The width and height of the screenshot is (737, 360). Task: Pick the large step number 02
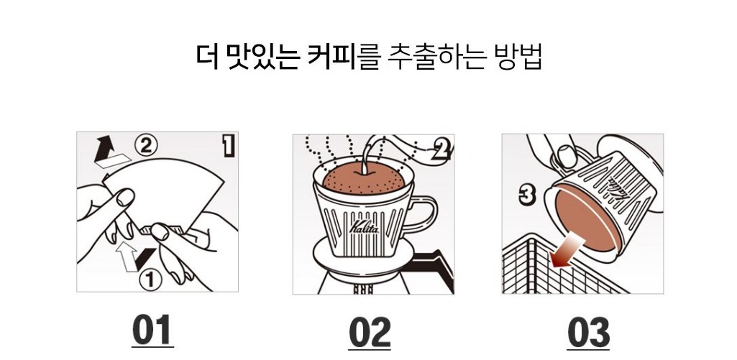(x=370, y=332)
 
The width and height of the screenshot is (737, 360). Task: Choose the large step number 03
(x=588, y=332)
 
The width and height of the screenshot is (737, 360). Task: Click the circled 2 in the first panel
(x=146, y=146)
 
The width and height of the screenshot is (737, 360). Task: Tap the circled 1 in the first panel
(x=150, y=280)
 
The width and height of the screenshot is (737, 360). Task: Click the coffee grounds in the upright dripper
(x=363, y=180)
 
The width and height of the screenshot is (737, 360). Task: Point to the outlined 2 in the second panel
(x=441, y=150)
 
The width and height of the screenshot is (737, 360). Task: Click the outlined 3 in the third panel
(x=528, y=195)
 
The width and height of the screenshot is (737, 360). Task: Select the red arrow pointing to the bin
(x=567, y=251)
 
